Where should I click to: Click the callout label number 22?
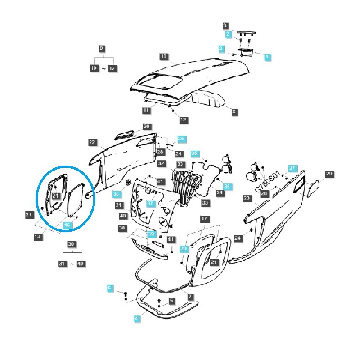[92, 142]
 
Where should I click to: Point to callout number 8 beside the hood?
[234, 111]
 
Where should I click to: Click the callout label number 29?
[329, 174]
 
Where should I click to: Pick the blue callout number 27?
[292, 168]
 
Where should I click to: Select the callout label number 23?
[246, 198]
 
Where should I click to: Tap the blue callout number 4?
[136, 318]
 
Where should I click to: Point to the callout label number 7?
[190, 297]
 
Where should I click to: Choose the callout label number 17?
[205, 219]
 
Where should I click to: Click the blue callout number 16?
[67, 225]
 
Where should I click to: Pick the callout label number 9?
[101, 48]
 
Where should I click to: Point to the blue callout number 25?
[181, 139]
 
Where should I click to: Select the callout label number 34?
[220, 193]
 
